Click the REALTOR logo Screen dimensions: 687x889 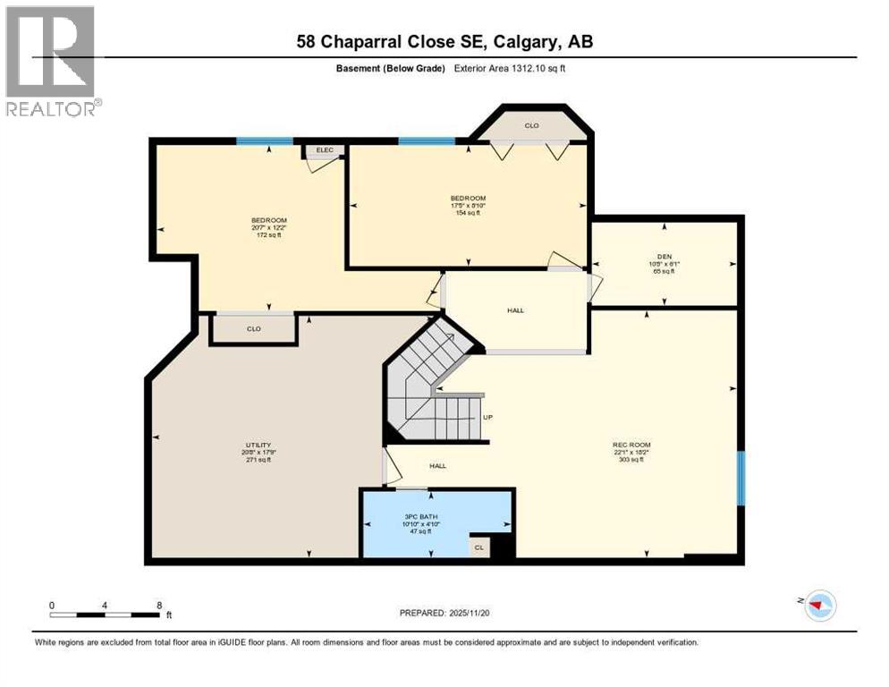coord(50,61)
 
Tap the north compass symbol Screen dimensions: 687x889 coord(818,606)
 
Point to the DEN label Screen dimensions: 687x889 coord(663,257)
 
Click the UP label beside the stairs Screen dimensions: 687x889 coord(487,417)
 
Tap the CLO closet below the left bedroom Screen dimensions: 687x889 coord(253,329)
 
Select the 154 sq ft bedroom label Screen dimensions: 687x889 coord(468,205)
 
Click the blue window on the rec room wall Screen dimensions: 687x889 coord(741,479)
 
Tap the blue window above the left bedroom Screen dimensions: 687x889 coord(265,140)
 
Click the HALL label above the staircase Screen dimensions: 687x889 coord(515,310)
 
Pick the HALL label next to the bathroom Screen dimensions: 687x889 coord(437,465)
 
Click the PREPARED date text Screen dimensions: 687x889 coord(444,613)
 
